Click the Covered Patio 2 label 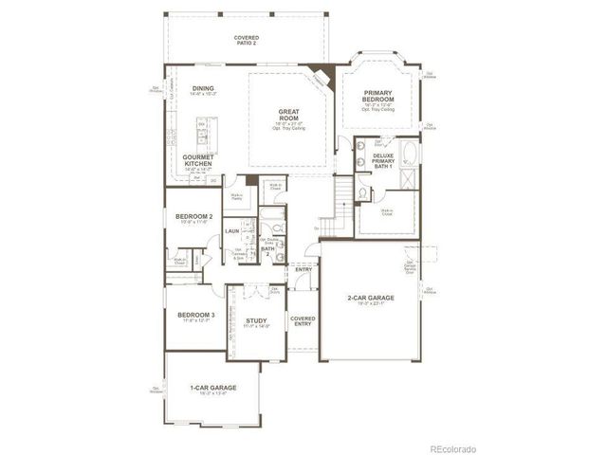tap(247, 40)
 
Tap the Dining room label tap(202, 89)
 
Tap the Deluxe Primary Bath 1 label tap(383, 161)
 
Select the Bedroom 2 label tap(193, 217)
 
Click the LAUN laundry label tap(231, 230)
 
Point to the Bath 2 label tap(267, 250)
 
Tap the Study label tap(257, 320)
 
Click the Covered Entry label tap(303, 321)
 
